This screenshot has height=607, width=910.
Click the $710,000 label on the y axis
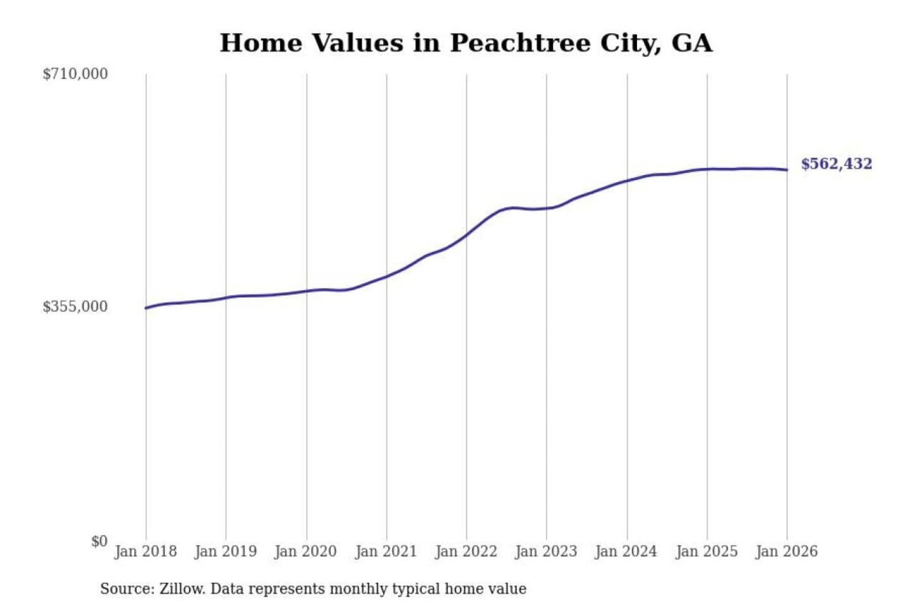click(x=75, y=74)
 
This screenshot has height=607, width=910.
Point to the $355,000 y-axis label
click(x=75, y=307)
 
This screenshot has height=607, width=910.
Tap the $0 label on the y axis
click(x=99, y=541)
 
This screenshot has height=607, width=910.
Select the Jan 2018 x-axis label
click(x=145, y=551)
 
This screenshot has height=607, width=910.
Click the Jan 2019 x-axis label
click(x=226, y=551)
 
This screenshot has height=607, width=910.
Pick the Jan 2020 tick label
click(x=306, y=551)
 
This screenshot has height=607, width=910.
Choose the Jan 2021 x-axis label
click(x=386, y=551)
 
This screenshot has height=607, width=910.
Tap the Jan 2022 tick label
click(x=466, y=551)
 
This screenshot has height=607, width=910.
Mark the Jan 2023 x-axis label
click(x=546, y=551)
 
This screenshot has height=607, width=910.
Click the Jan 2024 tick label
click(x=626, y=551)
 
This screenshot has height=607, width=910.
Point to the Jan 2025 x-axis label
click(x=707, y=551)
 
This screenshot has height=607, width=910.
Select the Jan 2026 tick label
click(x=787, y=551)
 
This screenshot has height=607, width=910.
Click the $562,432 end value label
click(x=836, y=164)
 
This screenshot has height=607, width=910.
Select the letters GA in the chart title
click(x=692, y=44)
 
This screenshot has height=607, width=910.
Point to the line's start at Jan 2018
click(x=146, y=308)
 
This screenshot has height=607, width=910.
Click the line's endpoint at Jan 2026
click(x=787, y=169)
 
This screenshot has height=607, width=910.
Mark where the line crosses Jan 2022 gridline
click(x=466, y=235)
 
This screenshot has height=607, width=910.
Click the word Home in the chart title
click(x=261, y=44)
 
